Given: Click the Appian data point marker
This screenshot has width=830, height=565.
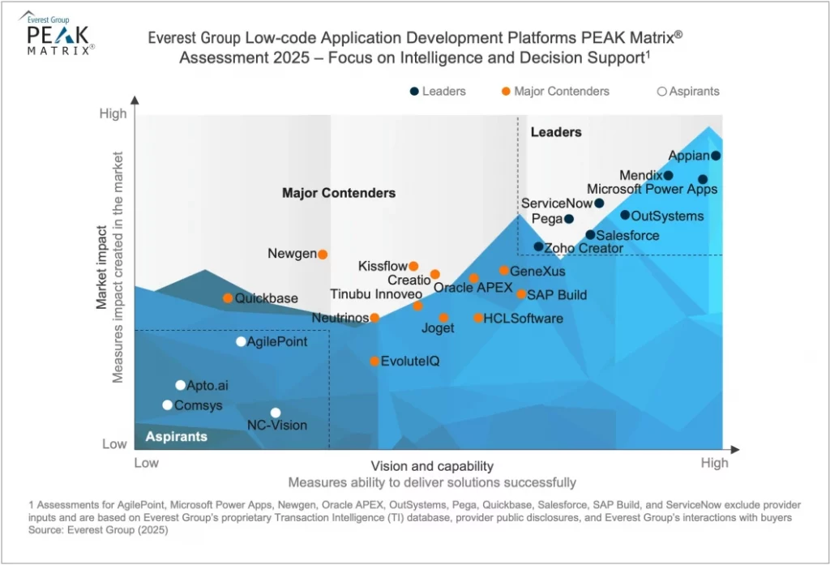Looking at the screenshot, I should click(x=716, y=156).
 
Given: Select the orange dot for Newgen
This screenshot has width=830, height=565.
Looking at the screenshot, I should click(x=323, y=255).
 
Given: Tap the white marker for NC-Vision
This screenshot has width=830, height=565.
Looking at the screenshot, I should click(x=276, y=413).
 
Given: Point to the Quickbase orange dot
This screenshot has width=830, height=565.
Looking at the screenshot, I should click(x=228, y=298).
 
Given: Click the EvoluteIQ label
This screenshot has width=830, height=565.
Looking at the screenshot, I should click(x=410, y=361).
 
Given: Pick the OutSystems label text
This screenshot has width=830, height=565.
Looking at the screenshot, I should click(x=667, y=216).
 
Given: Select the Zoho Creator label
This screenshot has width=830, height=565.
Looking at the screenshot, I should click(x=584, y=248).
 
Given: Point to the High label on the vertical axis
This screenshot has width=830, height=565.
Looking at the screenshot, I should click(x=113, y=114).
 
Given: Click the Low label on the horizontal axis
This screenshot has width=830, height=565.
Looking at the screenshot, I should click(x=146, y=463).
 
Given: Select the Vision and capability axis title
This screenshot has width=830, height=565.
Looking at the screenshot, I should click(x=432, y=466).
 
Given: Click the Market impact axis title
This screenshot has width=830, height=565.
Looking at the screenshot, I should click(x=103, y=268).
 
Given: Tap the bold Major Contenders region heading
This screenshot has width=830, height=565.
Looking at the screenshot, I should click(x=339, y=193).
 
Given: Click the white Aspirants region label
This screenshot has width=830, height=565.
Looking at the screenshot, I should click(x=177, y=437).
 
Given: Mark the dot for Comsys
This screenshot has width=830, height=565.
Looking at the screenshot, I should click(x=167, y=405).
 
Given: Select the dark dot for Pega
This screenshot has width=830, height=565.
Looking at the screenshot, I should click(x=569, y=219).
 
